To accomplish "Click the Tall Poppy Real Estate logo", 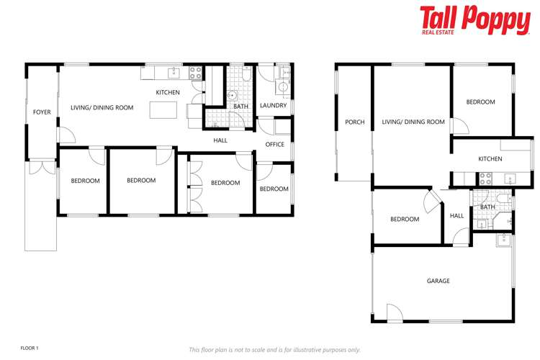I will pos(474,20).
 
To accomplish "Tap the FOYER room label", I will pos(42,112).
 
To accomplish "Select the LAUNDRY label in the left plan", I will pos(274,106).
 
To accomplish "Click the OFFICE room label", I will pos(275,145).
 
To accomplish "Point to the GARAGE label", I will pos(438,281).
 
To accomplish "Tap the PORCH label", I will pos(354,122).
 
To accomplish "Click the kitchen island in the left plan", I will pos(163,110).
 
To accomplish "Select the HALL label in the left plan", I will pos(220,140).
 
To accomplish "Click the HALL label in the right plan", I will pos(457,215).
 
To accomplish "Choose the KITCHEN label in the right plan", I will pos(490,158).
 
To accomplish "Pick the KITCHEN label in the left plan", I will pos(168,92).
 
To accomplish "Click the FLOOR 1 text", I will pos(30,348).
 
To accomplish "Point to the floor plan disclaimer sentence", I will pos(274,349).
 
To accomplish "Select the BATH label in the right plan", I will pos(488,208).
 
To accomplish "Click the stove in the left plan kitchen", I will pos(195,72).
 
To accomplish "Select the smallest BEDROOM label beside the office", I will pos(274,189).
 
